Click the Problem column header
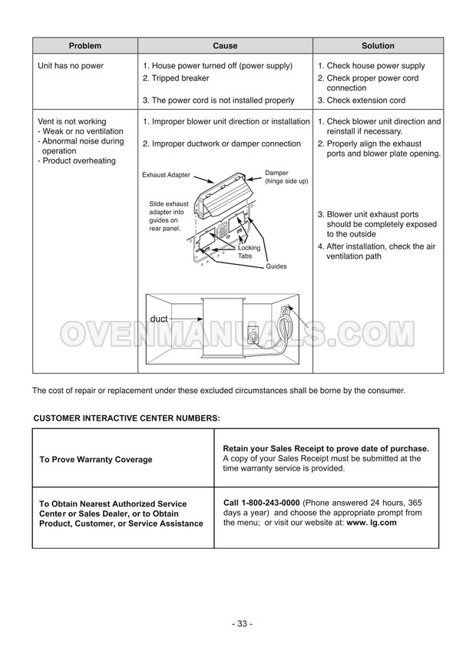(x=84, y=45)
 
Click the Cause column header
(x=225, y=45)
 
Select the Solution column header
(x=378, y=45)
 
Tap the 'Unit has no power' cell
(x=71, y=66)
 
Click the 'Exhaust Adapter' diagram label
(x=166, y=175)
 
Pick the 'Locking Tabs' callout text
(x=249, y=252)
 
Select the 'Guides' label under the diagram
(x=276, y=266)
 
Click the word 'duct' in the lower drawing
(x=159, y=317)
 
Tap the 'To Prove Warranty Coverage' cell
(x=95, y=459)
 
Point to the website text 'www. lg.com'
(x=371, y=522)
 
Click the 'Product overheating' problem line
(x=78, y=161)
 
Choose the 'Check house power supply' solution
(x=375, y=66)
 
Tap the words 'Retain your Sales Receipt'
(x=270, y=448)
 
